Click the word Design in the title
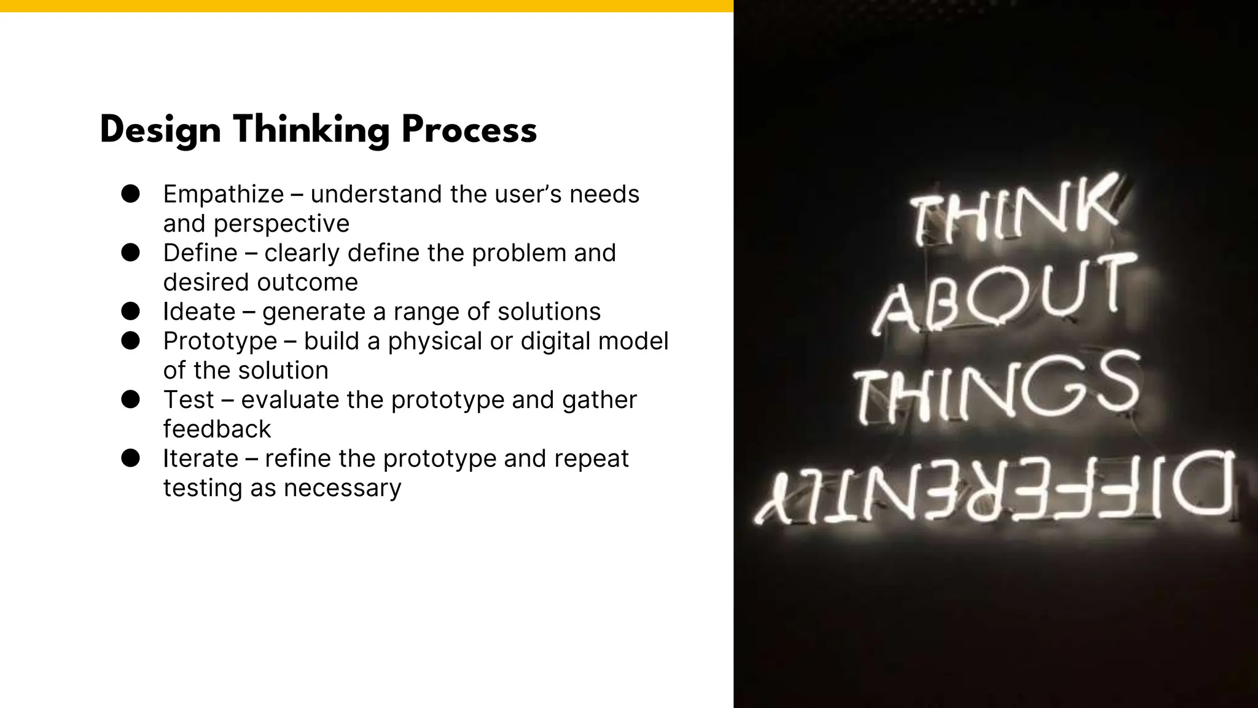point(160,131)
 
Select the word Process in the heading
point(469,131)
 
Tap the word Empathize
point(224,194)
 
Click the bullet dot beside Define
point(130,253)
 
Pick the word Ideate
point(199,312)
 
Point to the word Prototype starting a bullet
point(220,341)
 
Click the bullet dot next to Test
point(130,399)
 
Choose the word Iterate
point(200,458)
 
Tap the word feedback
point(217,429)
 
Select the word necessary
point(342,488)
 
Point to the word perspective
point(281,224)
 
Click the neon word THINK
point(1014,212)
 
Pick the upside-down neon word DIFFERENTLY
point(995,489)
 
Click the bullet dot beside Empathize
point(130,194)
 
